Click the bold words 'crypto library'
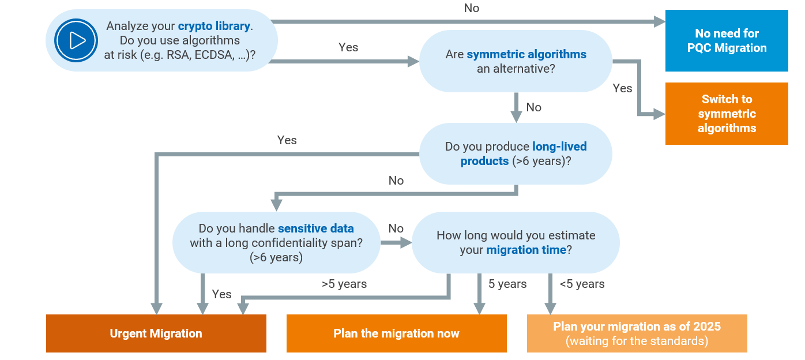coord(214,26)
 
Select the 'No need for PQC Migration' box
coord(727,40)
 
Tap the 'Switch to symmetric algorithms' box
coord(727,114)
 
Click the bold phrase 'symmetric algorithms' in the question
coord(526,54)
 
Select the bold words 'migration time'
coord(526,250)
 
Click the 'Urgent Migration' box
coord(156,333)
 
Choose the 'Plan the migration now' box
coord(396,333)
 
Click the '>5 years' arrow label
coord(344,284)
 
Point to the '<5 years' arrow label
coord(582,284)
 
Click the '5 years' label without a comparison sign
coord(507,284)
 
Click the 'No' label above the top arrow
coord(471,8)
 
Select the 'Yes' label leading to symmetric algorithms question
coord(348,47)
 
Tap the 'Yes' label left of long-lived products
coord(287,140)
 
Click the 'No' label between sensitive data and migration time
coord(396,228)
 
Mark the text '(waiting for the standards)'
coord(637,341)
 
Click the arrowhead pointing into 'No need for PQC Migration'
coord(660,21)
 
